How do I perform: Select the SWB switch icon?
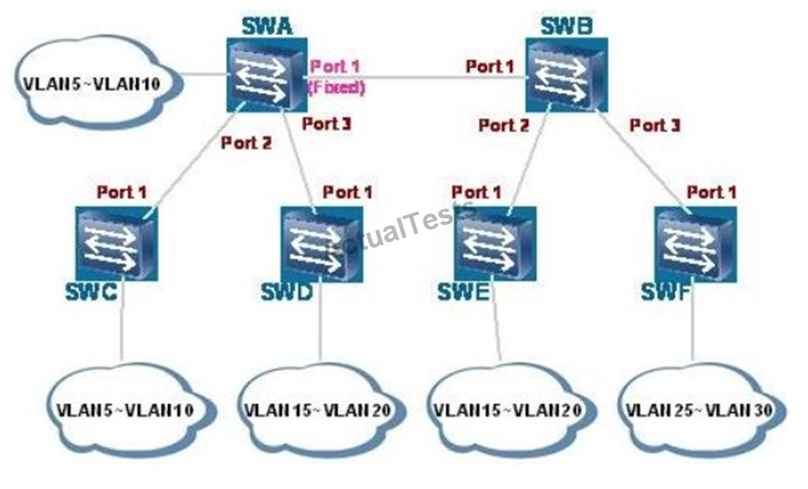(566, 77)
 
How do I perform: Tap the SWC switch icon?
(117, 243)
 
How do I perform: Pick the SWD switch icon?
(321, 243)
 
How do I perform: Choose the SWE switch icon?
(496, 242)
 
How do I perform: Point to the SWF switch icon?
(693, 242)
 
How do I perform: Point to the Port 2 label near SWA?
(246, 143)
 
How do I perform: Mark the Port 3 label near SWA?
(326, 123)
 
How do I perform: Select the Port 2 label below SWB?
(504, 125)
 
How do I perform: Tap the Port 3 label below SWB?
(655, 125)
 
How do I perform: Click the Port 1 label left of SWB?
(489, 67)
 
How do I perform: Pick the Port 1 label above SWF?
(712, 192)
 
